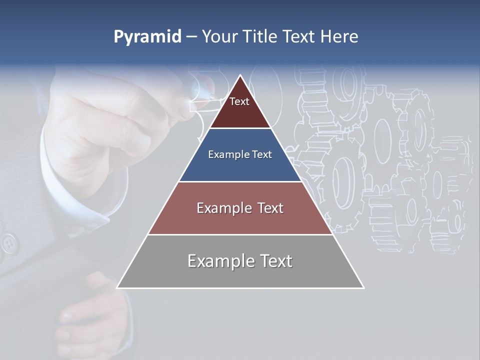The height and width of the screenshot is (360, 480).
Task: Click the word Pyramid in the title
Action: click(147, 37)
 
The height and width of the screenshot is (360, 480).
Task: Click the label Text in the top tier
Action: click(239, 101)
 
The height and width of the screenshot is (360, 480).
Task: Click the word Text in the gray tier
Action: click(272, 261)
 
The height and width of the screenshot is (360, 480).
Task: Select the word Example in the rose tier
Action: click(218, 208)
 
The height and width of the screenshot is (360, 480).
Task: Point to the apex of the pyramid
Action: click(240, 76)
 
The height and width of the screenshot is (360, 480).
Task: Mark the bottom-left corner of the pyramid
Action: click(117, 287)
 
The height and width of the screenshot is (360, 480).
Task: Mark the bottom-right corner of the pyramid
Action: click(363, 287)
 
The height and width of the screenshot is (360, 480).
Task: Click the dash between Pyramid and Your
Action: click(191, 37)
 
